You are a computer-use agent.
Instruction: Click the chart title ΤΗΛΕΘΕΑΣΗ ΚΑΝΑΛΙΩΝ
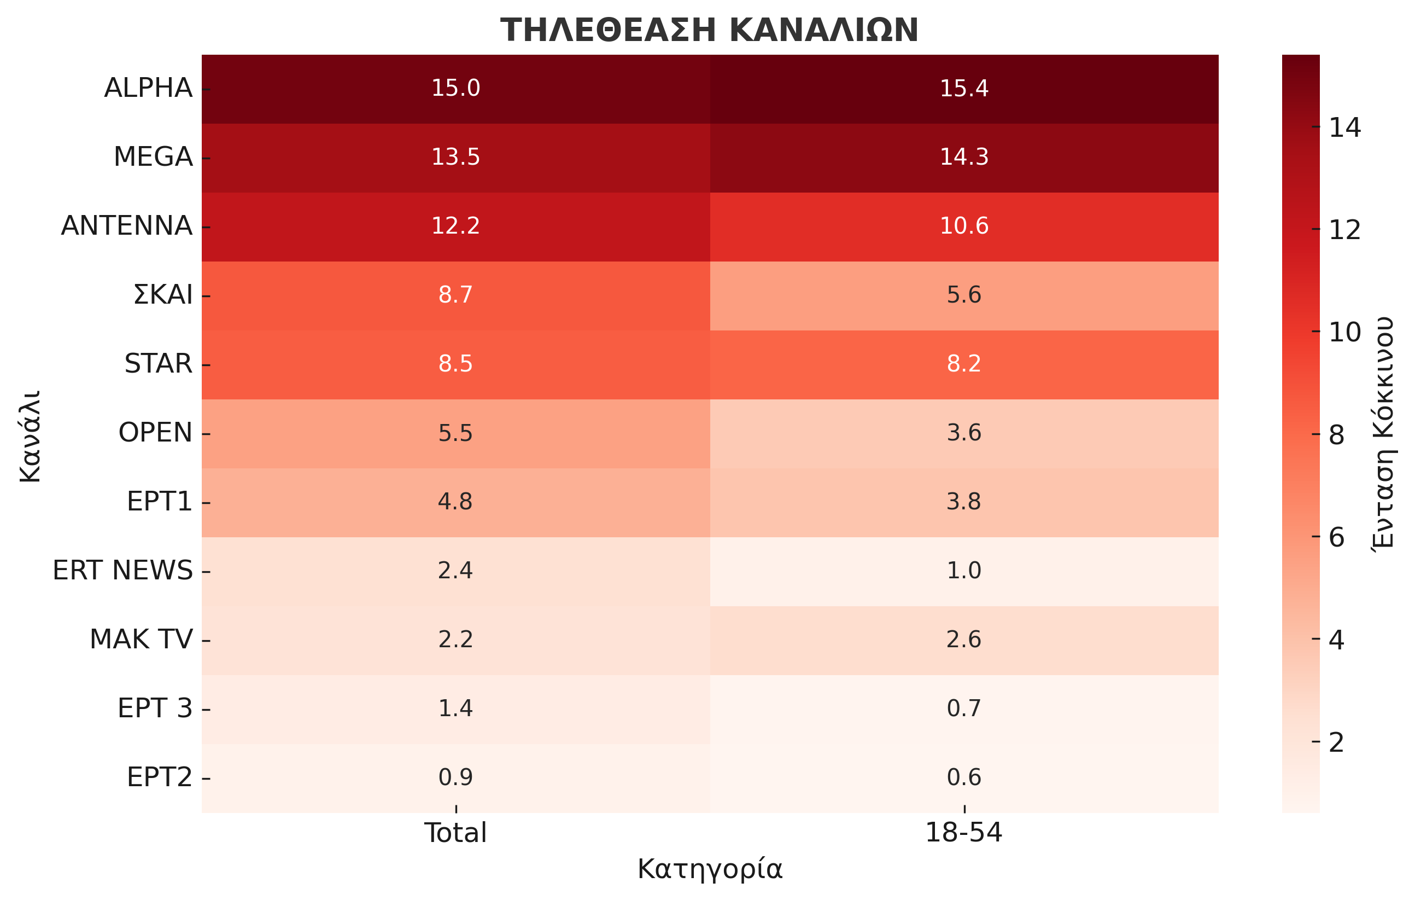(709, 31)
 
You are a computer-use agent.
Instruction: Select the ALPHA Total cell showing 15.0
(455, 88)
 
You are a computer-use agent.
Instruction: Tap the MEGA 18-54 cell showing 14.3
(964, 157)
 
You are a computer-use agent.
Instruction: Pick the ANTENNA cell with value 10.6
(964, 226)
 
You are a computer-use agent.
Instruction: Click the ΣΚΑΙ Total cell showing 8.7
(455, 294)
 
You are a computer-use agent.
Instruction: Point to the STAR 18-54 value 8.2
(964, 364)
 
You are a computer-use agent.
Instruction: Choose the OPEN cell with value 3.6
(964, 433)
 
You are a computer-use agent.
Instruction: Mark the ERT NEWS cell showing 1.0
(964, 570)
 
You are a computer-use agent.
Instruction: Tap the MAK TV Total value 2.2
(455, 640)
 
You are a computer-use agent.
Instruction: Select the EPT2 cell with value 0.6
(964, 777)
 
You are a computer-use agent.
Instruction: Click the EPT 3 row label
(155, 709)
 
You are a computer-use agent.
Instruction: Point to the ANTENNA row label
(127, 226)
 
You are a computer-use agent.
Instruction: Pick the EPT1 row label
(160, 502)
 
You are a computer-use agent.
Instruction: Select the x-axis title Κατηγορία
(710, 869)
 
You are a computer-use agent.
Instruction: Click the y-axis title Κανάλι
(31, 436)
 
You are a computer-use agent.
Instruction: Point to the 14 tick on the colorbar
(1344, 127)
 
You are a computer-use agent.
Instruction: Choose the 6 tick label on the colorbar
(1337, 537)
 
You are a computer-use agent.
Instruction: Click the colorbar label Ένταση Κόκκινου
(1384, 433)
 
